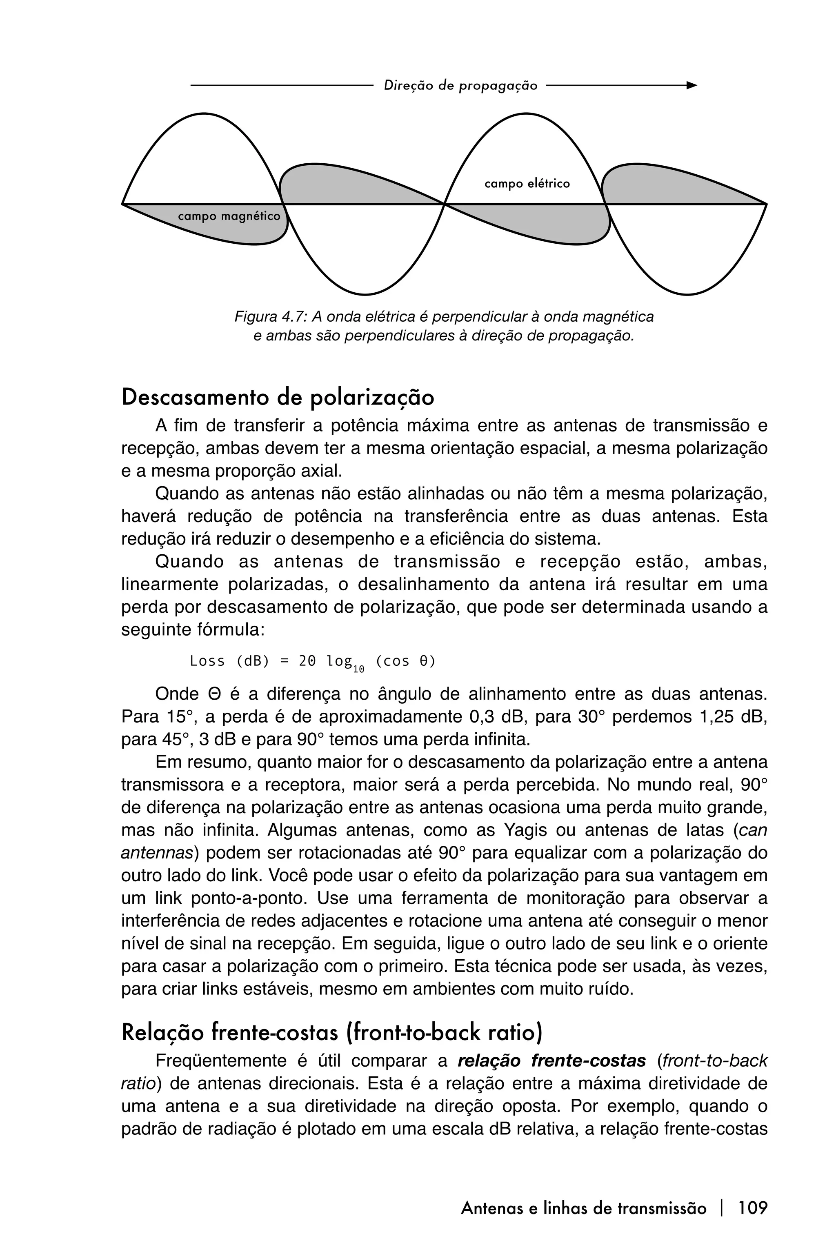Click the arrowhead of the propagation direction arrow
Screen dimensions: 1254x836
point(691,85)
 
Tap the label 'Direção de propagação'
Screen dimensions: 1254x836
point(460,85)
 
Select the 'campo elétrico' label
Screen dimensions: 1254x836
point(527,184)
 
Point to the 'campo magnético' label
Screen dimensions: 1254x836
point(229,216)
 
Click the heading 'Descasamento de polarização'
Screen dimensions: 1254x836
point(278,398)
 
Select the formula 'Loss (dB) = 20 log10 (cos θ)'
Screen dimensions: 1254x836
point(313,662)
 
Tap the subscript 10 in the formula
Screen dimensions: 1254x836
point(358,669)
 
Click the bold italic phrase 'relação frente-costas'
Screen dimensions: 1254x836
point(551,1061)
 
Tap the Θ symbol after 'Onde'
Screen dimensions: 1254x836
point(210,695)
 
